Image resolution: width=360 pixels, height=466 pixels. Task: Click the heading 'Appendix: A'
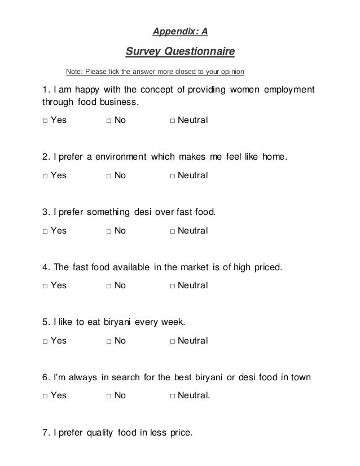(180, 32)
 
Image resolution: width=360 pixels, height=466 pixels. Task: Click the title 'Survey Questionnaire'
(179, 52)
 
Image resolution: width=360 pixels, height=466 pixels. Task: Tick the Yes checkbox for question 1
(44, 121)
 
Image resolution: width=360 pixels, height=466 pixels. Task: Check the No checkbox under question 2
(108, 175)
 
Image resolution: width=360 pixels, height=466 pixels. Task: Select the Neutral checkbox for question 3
(172, 231)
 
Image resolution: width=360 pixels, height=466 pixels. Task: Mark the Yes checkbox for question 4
(44, 286)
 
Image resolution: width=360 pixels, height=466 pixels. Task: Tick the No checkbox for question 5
(108, 341)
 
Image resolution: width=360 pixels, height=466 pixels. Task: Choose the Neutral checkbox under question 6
(172, 396)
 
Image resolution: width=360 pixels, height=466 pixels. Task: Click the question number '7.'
(46, 433)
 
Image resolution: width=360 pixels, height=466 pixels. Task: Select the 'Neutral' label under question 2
(192, 175)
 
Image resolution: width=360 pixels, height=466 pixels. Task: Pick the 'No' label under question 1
(120, 121)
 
